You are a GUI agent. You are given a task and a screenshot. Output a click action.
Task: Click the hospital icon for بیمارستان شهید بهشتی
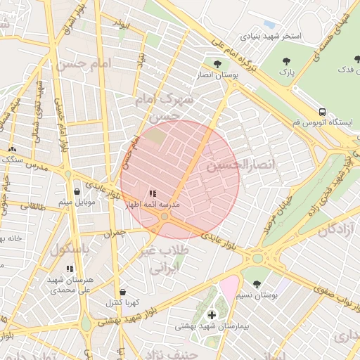click(x=212, y=315)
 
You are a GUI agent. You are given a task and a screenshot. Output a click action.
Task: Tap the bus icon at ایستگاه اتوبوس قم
click(x=322, y=112)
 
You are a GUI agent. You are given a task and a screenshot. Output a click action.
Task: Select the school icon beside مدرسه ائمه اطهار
click(x=153, y=193)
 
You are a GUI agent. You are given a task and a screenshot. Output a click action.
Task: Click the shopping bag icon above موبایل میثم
click(x=77, y=191)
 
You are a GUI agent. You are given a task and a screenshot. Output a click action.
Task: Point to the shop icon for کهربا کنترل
click(x=123, y=292)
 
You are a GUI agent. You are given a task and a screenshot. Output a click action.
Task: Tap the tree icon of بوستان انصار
click(x=217, y=64)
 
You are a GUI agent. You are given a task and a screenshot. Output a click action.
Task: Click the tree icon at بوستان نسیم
click(x=257, y=284)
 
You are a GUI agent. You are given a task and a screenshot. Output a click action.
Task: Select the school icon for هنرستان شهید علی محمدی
click(x=69, y=269)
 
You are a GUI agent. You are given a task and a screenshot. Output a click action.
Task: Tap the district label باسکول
click(x=70, y=249)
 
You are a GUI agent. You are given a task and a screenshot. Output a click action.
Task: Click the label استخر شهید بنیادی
click(x=271, y=35)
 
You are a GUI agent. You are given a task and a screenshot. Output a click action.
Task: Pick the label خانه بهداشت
click(x=11, y=238)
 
